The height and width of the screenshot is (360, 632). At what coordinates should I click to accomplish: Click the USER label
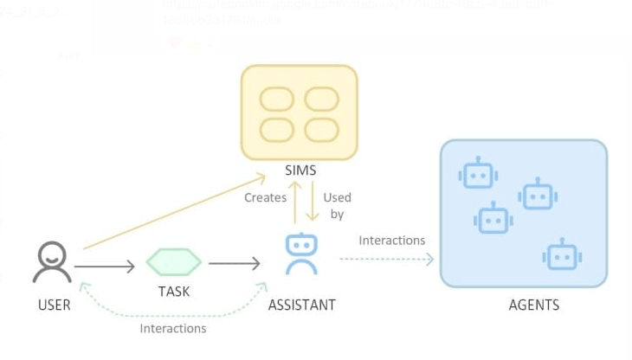pyautogui.click(x=54, y=305)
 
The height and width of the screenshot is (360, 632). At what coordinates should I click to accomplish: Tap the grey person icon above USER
pyautogui.click(x=52, y=262)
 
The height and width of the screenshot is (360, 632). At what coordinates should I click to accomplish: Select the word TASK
pyautogui.click(x=173, y=292)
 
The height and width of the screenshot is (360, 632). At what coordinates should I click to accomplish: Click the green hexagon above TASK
pyautogui.click(x=174, y=261)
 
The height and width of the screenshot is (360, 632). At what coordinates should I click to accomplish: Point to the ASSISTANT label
pyautogui.click(x=301, y=305)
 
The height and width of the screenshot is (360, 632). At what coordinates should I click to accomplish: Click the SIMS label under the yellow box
pyautogui.click(x=299, y=170)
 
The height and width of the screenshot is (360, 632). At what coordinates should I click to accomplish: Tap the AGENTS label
pyautogui.click(x=534, y=305)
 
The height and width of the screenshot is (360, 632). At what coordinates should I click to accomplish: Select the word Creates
pyautogui.click(x=265, y=197)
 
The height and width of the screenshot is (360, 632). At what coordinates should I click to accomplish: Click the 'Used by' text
pyautogui.click(x=338, y=205)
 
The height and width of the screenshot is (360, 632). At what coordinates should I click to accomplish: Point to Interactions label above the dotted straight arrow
pyautogui.click(x=392, y=240)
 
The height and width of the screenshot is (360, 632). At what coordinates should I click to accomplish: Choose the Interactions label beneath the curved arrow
pyautogui.click(x=173, y=328)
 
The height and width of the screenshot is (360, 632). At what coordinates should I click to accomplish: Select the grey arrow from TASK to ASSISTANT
pyautogui.click(x=234, y=262)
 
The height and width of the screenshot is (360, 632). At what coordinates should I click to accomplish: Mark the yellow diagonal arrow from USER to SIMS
pyautogui.click(x=173, y=212)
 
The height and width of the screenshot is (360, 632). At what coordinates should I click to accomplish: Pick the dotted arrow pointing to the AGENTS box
pyautogui.click(x=385, y=258)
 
